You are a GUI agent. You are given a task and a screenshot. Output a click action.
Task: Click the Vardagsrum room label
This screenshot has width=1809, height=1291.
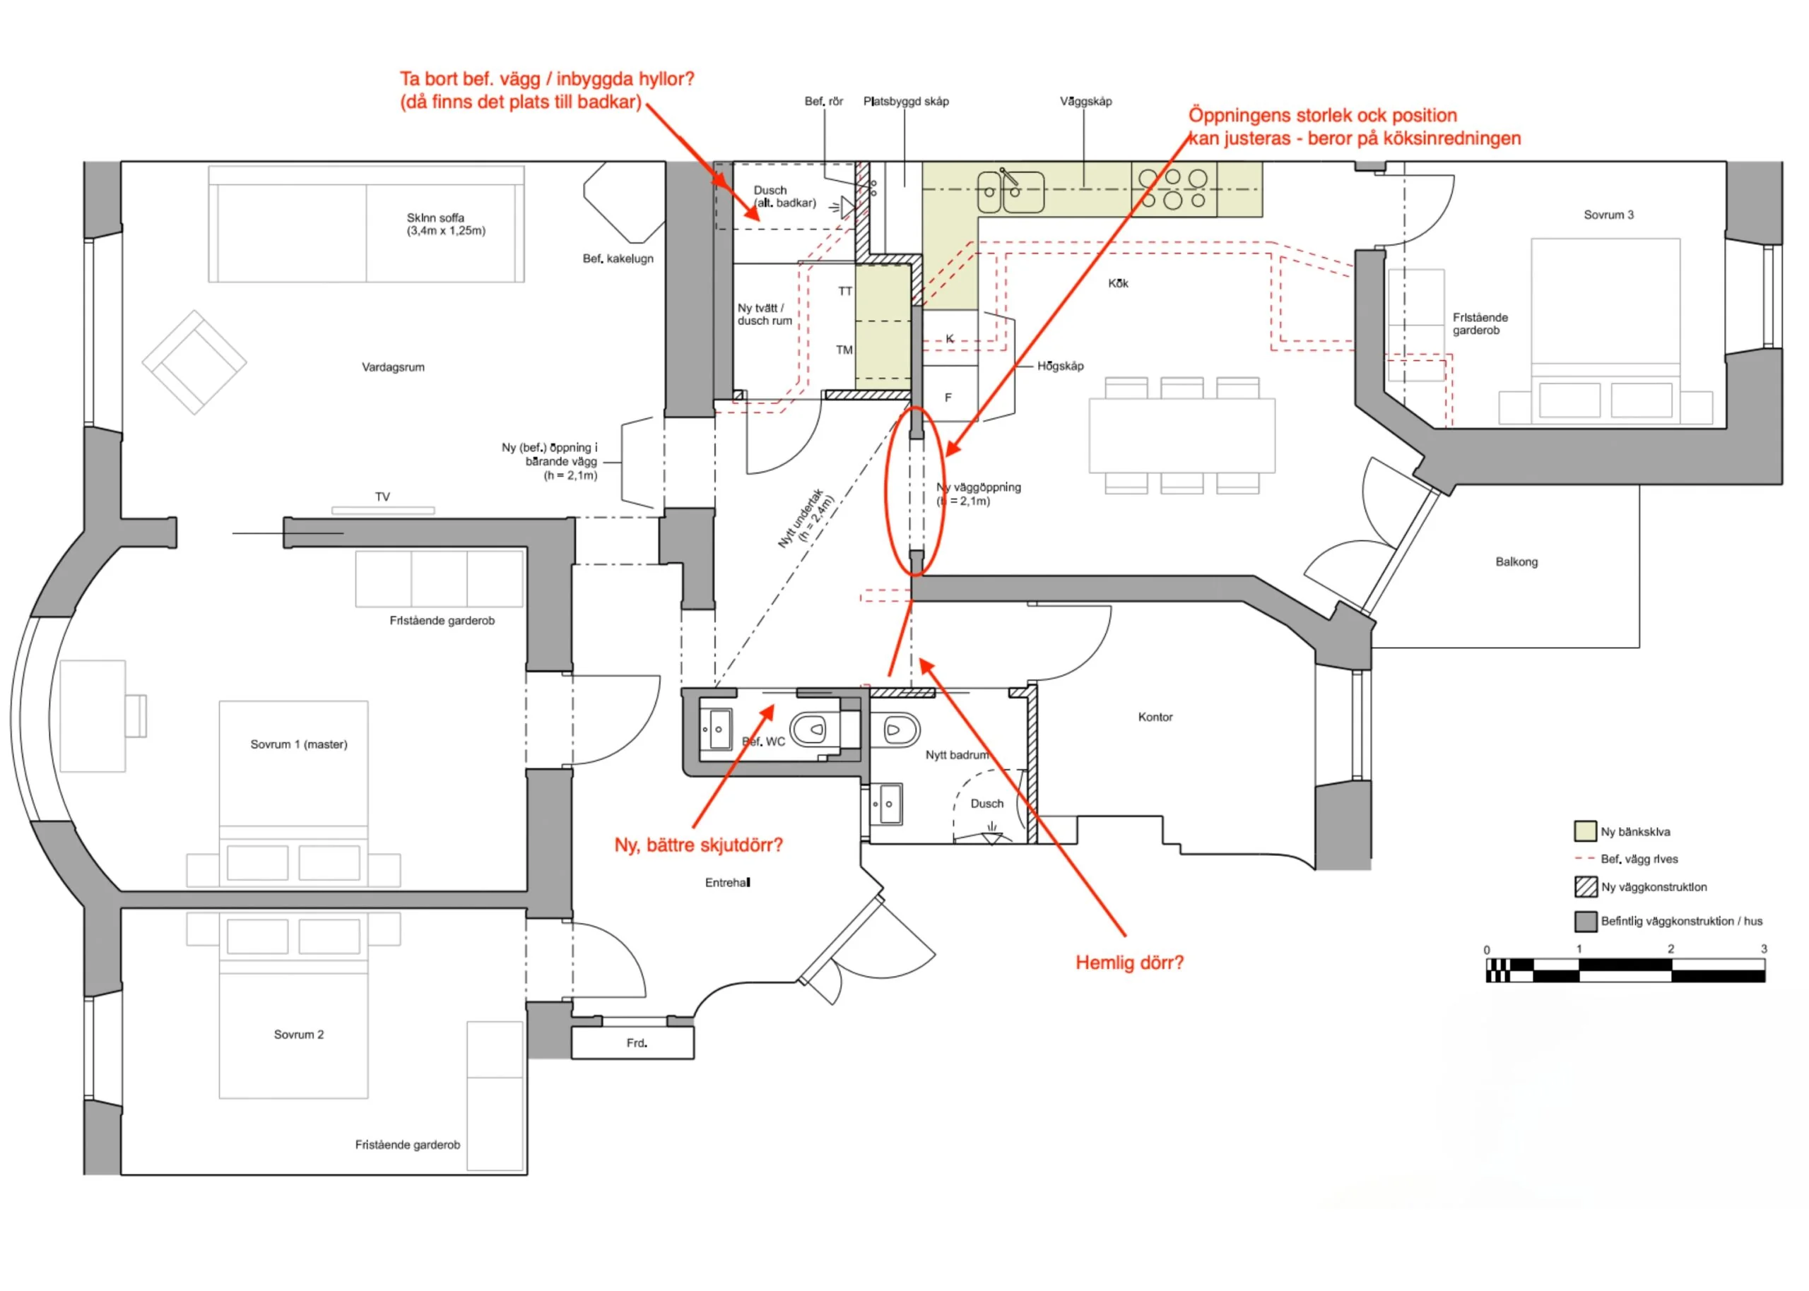click(x=393, y=367)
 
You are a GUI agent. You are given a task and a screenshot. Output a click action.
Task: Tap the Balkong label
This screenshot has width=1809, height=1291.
click(x=1516, y=562)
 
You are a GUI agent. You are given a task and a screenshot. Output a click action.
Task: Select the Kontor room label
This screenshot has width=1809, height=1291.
click(x=1155, y=717)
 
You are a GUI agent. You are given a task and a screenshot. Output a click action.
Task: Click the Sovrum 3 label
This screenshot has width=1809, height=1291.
click(x=1608, y=215)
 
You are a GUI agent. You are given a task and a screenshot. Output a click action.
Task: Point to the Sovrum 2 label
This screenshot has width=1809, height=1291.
click(x=298, y=1034)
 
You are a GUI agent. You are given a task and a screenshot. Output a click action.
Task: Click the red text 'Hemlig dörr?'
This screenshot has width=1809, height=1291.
click(x=1129, y=963)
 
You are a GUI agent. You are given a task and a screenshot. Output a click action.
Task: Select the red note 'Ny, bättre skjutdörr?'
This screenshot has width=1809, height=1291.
click(x=698, y=845)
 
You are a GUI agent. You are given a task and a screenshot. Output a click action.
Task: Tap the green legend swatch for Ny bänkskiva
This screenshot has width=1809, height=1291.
click(x=1586, y=831)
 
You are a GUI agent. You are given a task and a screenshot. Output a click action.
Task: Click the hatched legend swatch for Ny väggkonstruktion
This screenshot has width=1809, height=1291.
click(x=1586, y=887)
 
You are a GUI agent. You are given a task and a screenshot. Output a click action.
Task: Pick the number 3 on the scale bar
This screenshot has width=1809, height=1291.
click(x=1764, y=949)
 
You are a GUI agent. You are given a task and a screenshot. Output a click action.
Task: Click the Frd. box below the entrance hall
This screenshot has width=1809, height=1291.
click(x=632, y=1043)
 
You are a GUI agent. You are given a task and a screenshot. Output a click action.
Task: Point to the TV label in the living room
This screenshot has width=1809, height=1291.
click(x=382, y=497)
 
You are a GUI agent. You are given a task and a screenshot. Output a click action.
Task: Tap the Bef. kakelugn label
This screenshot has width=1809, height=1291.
click(x=618, y=258)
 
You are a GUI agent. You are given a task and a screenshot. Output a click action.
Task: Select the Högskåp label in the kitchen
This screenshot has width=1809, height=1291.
click(x=1060, y=367)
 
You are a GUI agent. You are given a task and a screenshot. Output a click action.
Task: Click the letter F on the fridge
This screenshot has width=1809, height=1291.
click(x=948, y=398)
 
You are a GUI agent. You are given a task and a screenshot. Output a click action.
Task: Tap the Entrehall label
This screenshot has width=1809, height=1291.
click(x=727, y=882)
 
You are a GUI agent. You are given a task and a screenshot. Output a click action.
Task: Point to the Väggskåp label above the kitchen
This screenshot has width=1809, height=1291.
click(x=1085, y=102)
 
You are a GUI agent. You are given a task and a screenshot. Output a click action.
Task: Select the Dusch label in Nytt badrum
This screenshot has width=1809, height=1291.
click(x=986, y=804)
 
